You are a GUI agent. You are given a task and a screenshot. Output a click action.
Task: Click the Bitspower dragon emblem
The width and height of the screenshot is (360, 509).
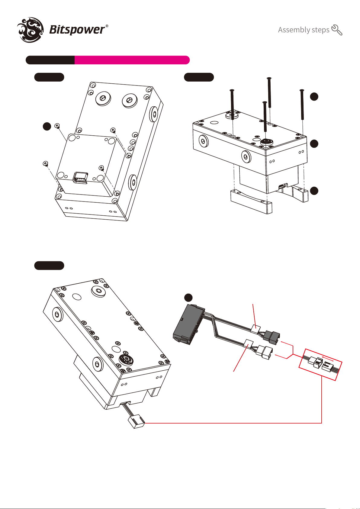pos(31,30)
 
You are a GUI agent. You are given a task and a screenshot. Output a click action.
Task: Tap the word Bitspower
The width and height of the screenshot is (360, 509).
pos(77,30)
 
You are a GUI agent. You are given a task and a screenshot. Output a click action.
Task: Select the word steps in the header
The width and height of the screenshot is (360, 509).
pos(320,30)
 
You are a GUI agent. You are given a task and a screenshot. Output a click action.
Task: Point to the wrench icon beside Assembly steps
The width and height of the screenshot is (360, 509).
pos(337,30)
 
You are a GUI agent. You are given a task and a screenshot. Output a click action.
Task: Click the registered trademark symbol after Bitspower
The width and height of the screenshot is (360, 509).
pos(107,26)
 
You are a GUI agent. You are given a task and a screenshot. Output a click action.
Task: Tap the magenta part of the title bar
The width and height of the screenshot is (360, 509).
pos(132,60)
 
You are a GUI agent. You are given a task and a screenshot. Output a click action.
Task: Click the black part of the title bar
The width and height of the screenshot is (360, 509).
pos(50,60)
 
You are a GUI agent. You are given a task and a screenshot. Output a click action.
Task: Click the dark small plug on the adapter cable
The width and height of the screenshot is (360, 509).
pos(272,337)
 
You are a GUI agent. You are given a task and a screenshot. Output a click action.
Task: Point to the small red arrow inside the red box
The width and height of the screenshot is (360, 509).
pos(328,358)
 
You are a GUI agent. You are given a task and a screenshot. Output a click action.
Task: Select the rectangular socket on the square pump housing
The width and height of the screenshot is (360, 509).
pos(80,178)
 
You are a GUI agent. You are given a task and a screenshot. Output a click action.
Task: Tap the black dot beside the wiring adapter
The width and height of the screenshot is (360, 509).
pos(188,298)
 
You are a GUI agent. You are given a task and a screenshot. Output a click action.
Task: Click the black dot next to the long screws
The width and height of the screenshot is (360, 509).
pos(314,96)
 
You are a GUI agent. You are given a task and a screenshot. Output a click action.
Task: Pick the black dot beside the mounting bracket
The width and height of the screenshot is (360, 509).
pos(314,191)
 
